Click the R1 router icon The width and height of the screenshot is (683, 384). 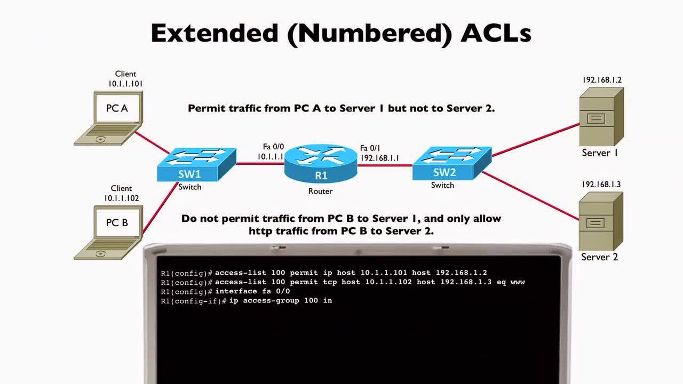[321, 163]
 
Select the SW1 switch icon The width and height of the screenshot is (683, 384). [196, 164]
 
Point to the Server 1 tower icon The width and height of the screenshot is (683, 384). [601, 117]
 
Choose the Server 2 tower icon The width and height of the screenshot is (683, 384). [601, 221]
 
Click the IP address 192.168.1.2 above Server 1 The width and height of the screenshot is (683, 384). [602, 80]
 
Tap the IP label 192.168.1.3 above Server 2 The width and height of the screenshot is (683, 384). [601, 185]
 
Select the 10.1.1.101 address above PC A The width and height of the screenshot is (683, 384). [125, 84]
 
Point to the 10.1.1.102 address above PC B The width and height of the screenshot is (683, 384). [122, 198]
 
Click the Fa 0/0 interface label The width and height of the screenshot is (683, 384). [274, 147]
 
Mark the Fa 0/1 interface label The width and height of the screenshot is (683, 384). [371, 148]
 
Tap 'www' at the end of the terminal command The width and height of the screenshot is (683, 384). [518, 282]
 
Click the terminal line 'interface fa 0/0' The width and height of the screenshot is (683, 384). [252, 291]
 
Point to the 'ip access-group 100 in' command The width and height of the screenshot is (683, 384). [281, 301]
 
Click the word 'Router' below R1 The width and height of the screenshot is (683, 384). [320, 191]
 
